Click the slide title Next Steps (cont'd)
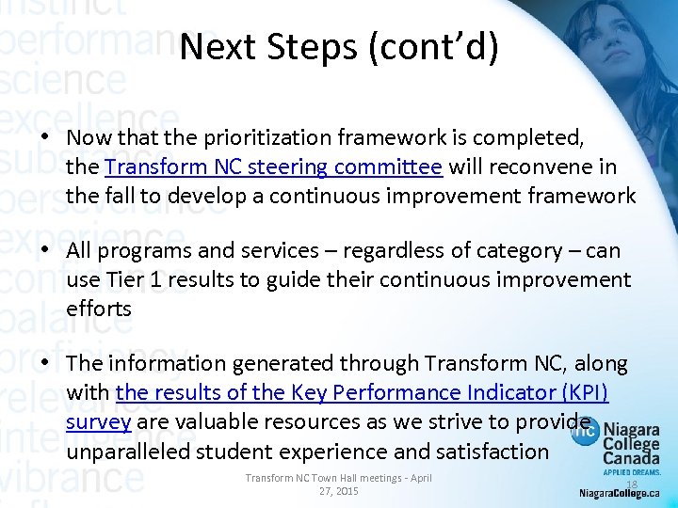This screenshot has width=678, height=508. [x=339, y=46]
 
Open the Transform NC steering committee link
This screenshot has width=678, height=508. [x=273, y=167]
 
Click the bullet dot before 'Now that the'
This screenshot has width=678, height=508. [x=44, y=137]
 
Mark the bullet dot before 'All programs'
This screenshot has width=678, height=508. [x=44, y=250]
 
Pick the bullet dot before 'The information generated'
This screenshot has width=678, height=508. [x=44, y=363]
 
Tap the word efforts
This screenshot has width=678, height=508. [x=99, y=309]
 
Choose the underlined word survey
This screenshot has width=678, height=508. [x=98, y=421]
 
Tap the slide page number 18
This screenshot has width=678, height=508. [x=632, y=484]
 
